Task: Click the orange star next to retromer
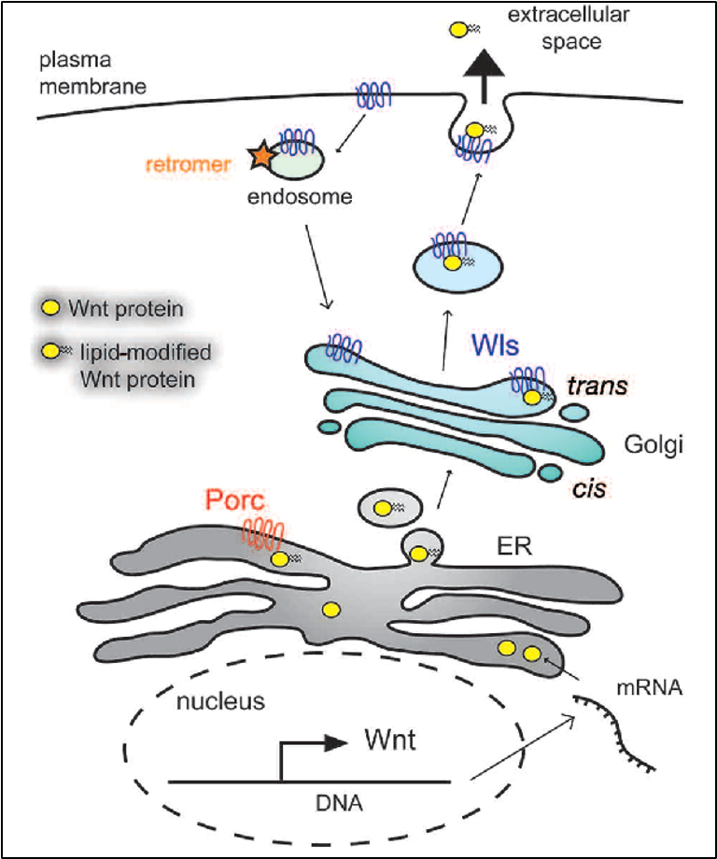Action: [x=261, y=160]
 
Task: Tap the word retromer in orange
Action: [x=197, y=165]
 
